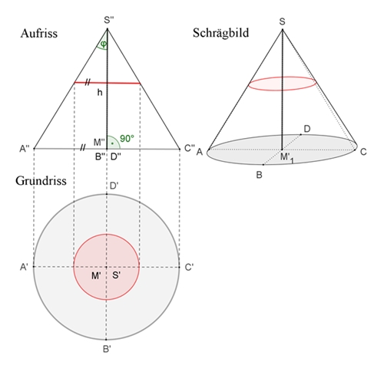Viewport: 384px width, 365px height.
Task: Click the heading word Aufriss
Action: point(39,34)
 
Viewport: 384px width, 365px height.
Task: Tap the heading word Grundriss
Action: point(41,181)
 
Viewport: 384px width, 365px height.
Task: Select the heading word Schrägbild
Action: point(220,33)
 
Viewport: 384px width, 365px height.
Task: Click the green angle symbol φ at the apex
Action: point(104,44)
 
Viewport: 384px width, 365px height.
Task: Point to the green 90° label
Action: point(127,139)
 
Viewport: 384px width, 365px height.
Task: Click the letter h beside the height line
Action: point(100,92)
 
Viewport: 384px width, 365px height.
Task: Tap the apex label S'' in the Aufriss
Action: point(109,20)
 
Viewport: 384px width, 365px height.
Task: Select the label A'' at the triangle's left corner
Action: point(25,149)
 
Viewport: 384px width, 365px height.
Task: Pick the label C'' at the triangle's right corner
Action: point(190,148)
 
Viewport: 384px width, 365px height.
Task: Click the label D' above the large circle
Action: point(114,186)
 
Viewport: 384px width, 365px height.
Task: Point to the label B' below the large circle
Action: point(107,349)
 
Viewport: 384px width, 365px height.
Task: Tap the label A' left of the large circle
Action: point(24,267)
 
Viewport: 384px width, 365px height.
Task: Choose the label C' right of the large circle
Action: point(189,268)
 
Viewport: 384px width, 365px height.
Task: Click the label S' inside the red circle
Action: point(117,275)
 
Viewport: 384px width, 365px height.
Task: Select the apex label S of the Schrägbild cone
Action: point(282,21)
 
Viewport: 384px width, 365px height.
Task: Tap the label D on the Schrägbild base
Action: point(306,129)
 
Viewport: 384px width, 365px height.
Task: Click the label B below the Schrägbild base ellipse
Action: point(259,175)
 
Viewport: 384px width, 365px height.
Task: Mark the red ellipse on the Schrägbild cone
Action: point(283,77)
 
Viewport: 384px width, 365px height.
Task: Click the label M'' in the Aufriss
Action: point(99,142)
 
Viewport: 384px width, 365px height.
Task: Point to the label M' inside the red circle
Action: point(96,276)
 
